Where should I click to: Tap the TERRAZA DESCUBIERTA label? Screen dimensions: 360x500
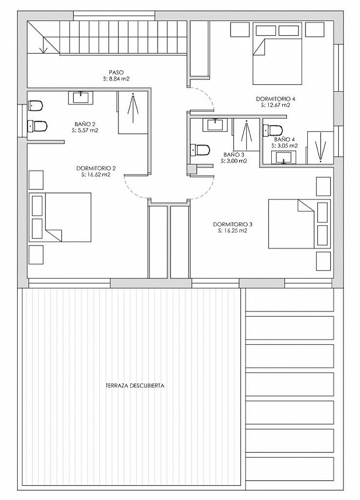[135, 385]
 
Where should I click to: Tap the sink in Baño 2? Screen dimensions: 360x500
[81, 98]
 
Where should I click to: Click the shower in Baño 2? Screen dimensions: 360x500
[133, 112]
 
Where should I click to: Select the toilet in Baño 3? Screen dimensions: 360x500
[200, 150]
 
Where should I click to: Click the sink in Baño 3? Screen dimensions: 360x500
[215, 125]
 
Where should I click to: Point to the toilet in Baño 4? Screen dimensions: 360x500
[273, 130]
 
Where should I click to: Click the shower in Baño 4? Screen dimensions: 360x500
[320, 148]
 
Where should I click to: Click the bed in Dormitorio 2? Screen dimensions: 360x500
[60, 217]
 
